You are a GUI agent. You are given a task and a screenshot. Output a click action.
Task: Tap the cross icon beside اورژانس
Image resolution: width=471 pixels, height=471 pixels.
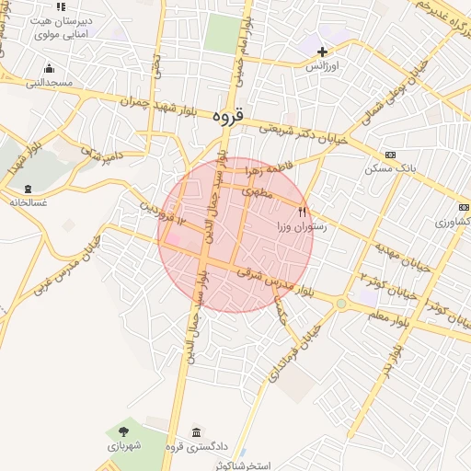pyautogui.click(x=322, y=51)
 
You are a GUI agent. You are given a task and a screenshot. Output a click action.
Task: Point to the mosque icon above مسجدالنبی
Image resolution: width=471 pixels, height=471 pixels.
pyautogui.click(x=49, y=68)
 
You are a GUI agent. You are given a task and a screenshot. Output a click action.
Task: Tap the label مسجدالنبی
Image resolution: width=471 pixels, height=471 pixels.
pyautogui.click(x=48, y=83)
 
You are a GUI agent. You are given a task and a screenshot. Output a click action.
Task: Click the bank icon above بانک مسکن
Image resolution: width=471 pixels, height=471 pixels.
pyautogui.click(x=390, y=155)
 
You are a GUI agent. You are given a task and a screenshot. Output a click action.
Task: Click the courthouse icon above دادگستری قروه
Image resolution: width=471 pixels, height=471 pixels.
pyautogui.click(x=196, y=432)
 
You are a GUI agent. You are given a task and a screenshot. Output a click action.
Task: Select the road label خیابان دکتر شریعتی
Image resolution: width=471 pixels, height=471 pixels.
pyautogui.click(x=304, y=135)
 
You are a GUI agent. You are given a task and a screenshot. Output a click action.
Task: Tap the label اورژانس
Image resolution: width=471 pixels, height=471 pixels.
pyautogui.click(x=324, y=67)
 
